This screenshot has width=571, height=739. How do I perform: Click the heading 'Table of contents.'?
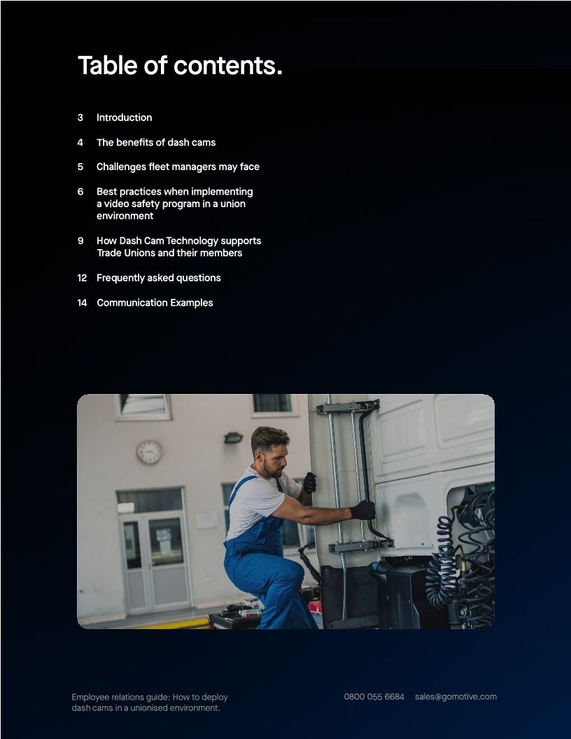[180, 65]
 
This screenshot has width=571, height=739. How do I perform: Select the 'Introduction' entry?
[124, 118]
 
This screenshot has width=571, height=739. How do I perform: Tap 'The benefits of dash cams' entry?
[156, 142]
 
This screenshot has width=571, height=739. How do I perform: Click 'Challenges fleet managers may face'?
[178, 167]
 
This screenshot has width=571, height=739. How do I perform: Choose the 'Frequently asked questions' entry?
[158, 278]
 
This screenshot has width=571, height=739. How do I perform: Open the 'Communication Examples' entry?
[155, 302]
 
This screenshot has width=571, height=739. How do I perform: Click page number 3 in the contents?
[80, 118]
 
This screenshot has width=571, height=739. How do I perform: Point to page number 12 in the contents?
[82, 278]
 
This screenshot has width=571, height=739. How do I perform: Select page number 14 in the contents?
[82, 302]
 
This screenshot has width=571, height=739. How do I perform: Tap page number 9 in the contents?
[80, 241]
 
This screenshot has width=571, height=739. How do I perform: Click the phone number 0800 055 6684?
[374, 696]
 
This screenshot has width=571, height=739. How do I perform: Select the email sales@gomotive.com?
[456, 696]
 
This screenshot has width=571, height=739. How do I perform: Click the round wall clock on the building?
[149, 452]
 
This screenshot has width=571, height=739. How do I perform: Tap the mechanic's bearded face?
[273, 458]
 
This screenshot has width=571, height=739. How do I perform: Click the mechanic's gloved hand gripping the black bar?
[363, 510]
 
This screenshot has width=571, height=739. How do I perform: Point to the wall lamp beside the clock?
[233, 438]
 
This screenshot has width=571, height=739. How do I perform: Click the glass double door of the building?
[154, 553]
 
